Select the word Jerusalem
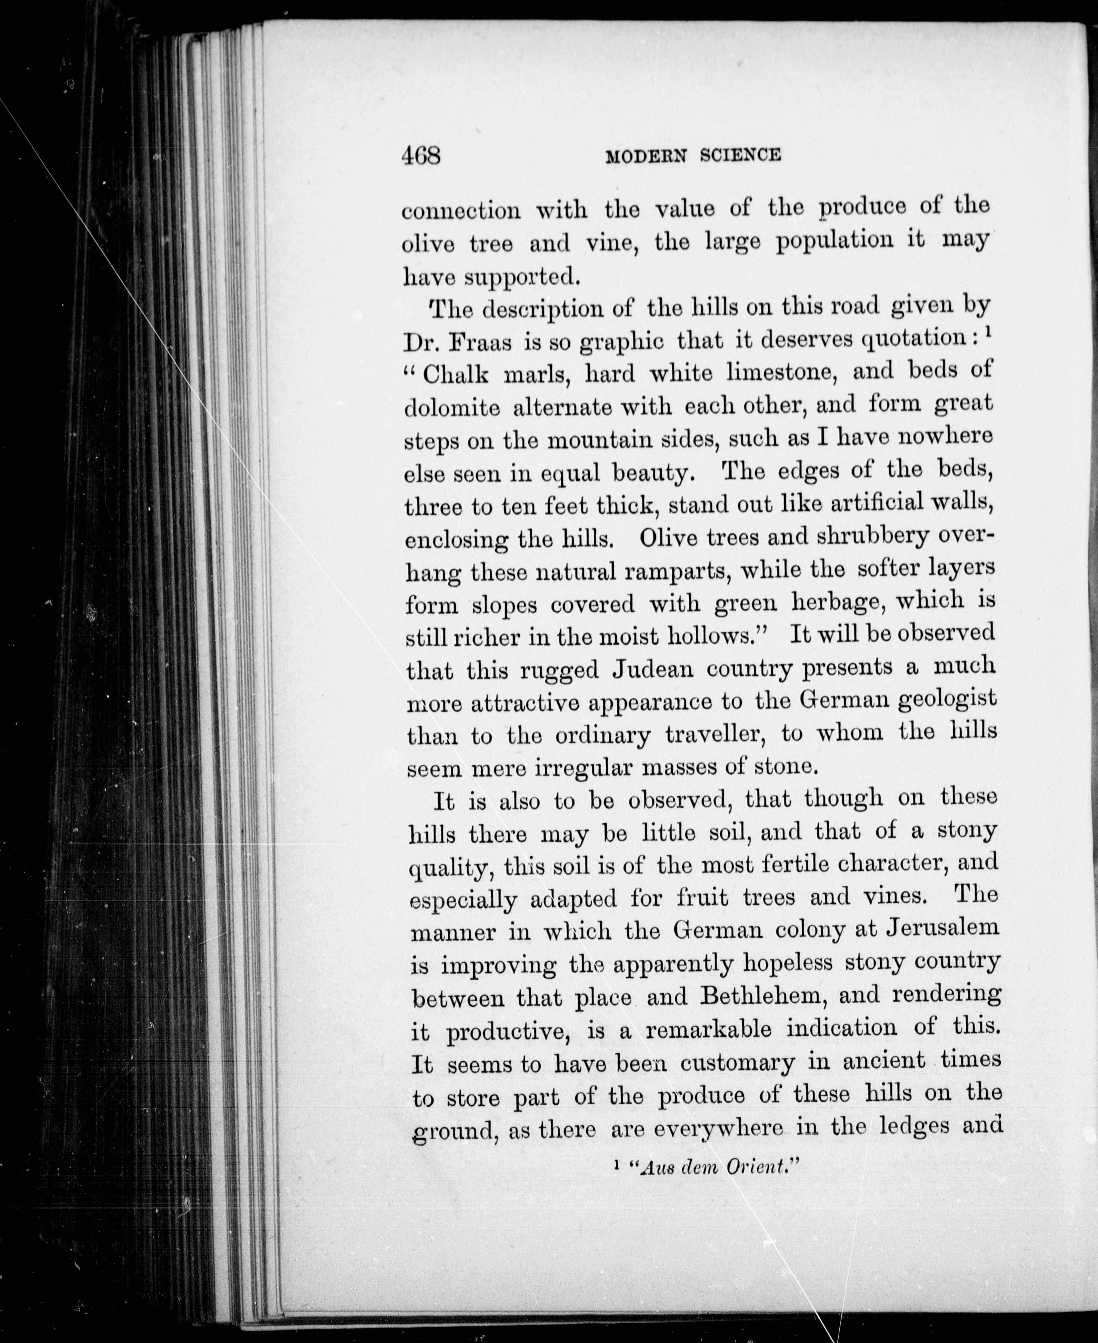tap(943, 928)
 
